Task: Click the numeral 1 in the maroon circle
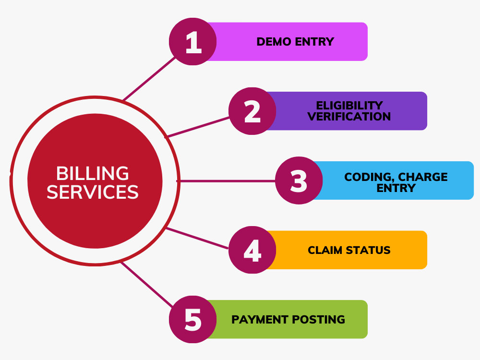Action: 193,42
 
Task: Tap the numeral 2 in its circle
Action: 252,111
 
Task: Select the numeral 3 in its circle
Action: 299,181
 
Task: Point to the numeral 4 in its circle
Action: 252,251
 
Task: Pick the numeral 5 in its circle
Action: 193,320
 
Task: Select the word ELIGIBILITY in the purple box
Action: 349,105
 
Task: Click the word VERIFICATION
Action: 349,116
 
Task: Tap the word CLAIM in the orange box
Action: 325,250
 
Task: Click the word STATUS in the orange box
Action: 368,250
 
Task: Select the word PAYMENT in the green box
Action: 260,320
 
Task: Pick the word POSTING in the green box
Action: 318,320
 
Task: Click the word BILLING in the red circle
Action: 93,174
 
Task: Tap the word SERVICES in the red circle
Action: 93,192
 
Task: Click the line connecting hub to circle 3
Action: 227,181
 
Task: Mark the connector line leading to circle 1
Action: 149,79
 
